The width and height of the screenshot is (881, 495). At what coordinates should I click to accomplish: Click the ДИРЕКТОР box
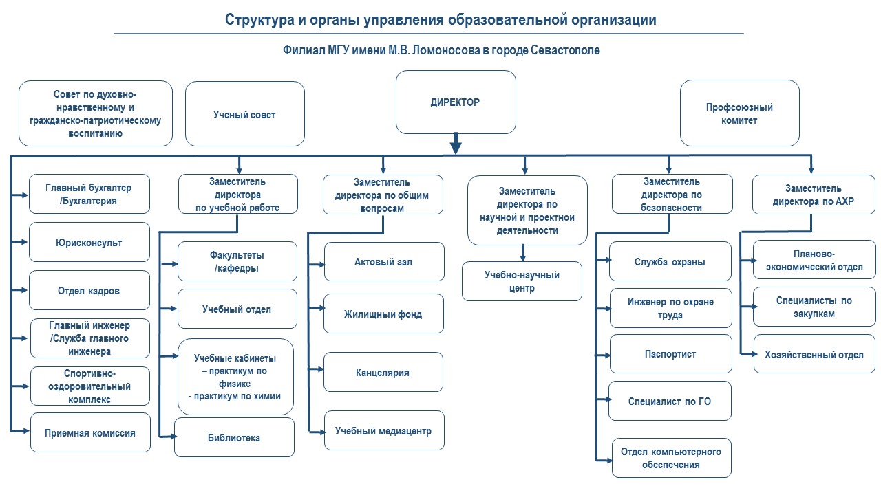tap(456, 102)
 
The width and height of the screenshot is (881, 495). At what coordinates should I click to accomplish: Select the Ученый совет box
tap(244, 114)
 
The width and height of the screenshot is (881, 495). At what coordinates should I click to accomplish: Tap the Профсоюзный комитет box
tap(739, 113)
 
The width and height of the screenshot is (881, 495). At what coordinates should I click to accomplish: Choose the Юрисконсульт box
tap(89, 242)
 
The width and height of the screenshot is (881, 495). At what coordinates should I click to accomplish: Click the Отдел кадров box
tap(89, 290)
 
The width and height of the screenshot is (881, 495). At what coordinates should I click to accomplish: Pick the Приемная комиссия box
tap(90, 432)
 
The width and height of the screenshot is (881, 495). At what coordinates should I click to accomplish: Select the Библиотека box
tap(234, 437)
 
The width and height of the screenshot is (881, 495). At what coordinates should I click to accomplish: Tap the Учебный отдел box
tap(237, 309)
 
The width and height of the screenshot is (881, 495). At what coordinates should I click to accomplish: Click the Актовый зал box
tap(384, 262)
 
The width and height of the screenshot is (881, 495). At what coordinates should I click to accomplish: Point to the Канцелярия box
tap(383, 372)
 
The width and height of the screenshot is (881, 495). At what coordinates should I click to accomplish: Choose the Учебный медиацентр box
tap(384, 430)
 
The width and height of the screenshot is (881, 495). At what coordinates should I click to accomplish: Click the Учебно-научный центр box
tap(522, 281)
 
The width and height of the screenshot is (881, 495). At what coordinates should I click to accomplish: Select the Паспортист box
tap(670, 353)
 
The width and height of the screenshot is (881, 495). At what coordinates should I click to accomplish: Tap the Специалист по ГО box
tap(670, 401)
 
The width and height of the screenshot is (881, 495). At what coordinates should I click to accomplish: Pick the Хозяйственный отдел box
tap(814, 353)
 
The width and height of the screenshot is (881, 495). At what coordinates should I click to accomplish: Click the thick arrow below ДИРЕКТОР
tap(456, 143)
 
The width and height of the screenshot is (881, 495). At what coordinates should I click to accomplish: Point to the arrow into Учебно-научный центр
tap(522, 253)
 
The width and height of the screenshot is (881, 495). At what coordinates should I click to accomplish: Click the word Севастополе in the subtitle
tap(565, 50)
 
